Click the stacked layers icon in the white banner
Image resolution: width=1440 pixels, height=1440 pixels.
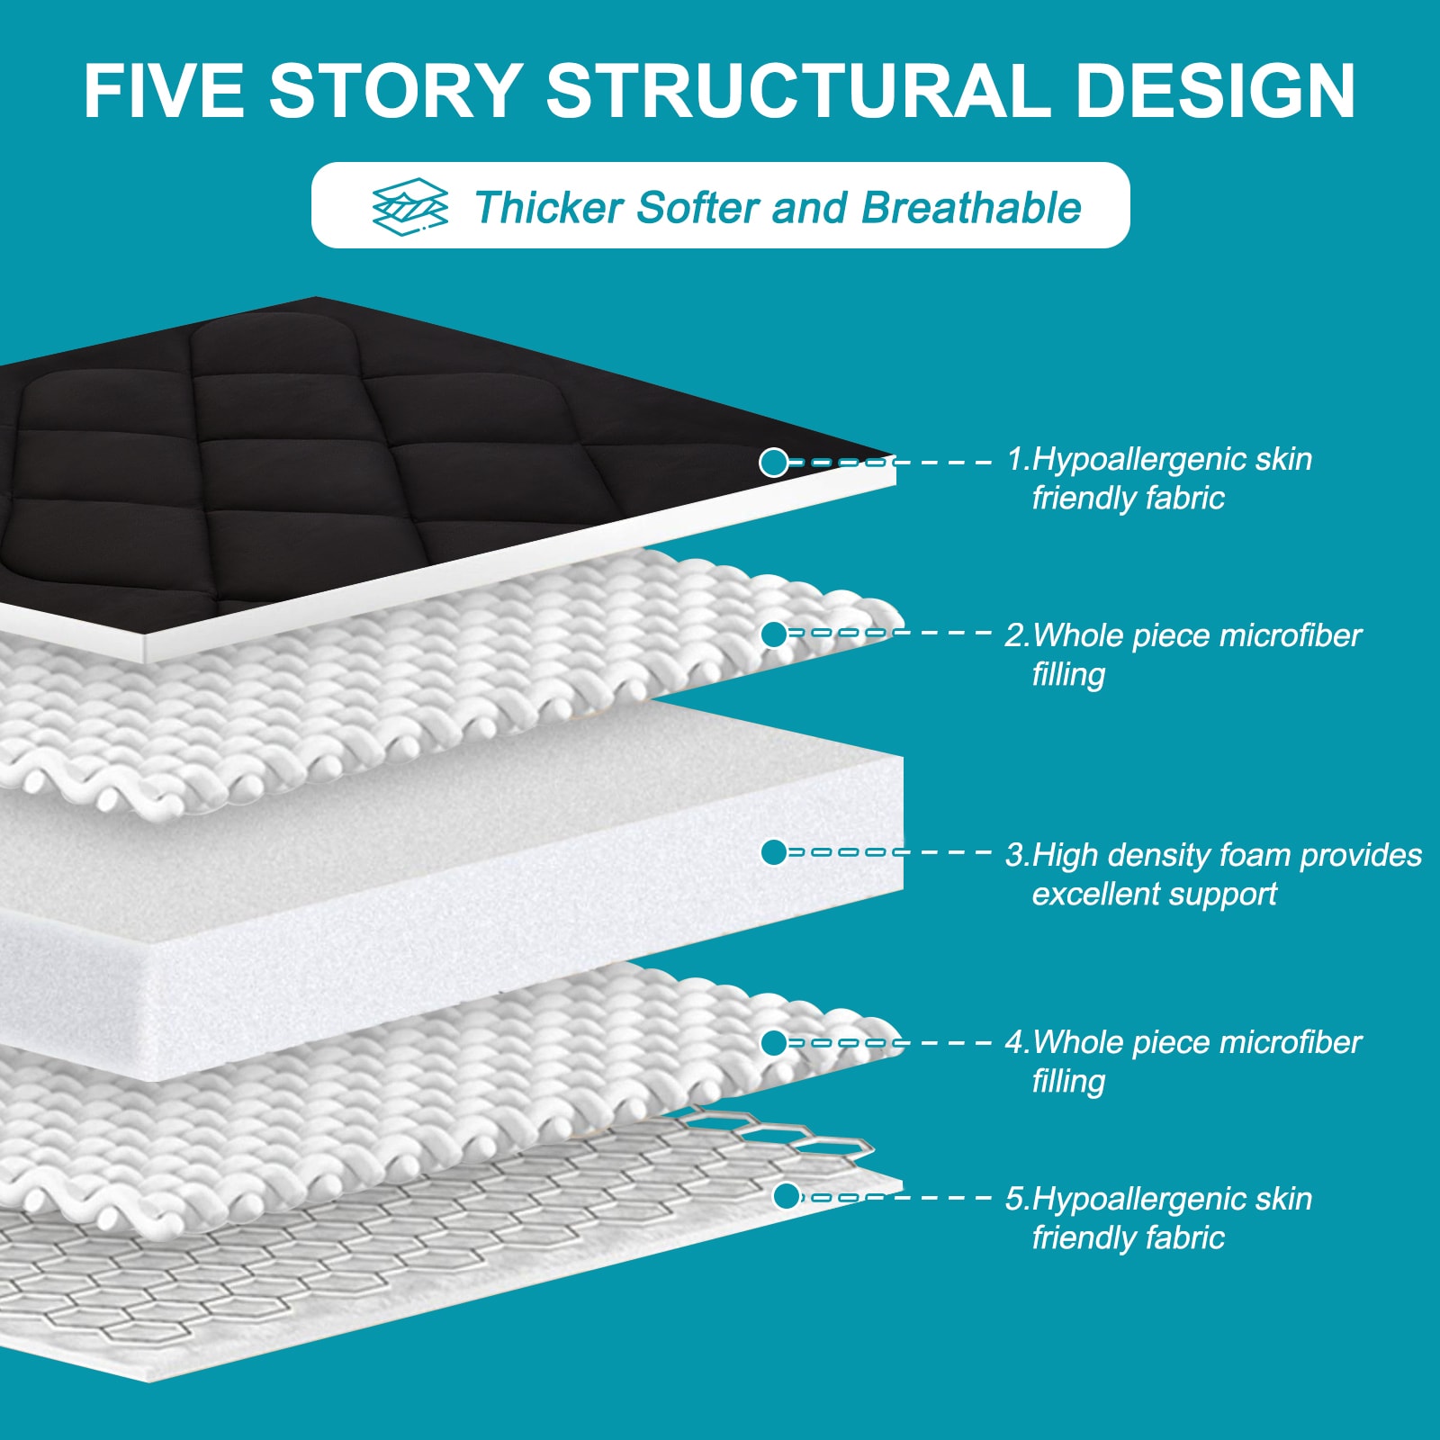410,206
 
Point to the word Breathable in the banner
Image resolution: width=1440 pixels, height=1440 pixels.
971,208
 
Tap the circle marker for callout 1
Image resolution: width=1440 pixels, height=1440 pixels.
773,463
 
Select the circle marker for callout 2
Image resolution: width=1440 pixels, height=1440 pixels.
773,634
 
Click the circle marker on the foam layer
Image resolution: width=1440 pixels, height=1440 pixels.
773,852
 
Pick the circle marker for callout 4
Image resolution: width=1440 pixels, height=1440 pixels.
773,1043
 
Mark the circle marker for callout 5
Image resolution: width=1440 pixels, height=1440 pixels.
787,1196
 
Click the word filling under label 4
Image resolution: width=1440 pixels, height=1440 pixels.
1068,1081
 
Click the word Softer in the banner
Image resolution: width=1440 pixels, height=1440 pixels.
697,208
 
